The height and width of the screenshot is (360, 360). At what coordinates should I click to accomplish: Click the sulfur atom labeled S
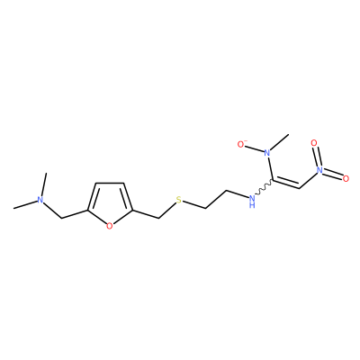click(179, 200)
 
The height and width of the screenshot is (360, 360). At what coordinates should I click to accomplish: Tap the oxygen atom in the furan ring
click(110, 226)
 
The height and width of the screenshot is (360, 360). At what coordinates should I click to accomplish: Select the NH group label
click(252, 201)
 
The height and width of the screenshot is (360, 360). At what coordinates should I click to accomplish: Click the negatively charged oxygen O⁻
click(242, 144)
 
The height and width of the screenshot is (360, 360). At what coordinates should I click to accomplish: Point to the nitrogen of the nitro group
click(319, 170)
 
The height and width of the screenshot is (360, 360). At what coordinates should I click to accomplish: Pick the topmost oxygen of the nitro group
click(314, 143)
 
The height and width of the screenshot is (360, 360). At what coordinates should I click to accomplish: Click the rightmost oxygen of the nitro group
click(346, 179)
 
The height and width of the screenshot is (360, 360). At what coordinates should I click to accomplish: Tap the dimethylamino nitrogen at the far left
click(39, 200)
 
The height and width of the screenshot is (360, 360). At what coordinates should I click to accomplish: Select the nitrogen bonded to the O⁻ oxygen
click(267, 153)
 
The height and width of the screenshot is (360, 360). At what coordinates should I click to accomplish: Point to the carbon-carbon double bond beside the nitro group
click(286, 183)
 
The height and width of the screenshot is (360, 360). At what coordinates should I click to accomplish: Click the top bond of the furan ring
click(110, 183)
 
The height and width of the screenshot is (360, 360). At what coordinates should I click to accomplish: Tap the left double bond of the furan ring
click(93, 196)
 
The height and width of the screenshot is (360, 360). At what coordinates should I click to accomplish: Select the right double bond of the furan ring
click(128, 196)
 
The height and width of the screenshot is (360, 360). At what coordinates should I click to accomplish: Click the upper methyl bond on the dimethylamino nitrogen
click(43, 184)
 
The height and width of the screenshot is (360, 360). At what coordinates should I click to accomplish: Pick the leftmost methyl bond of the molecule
click(24, 205)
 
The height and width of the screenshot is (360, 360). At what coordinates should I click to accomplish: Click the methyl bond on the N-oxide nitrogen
click(280, 142)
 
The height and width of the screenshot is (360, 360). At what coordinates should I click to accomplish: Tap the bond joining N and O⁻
click(255, 148)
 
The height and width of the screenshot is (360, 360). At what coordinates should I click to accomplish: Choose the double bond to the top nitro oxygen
click(317, 157)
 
